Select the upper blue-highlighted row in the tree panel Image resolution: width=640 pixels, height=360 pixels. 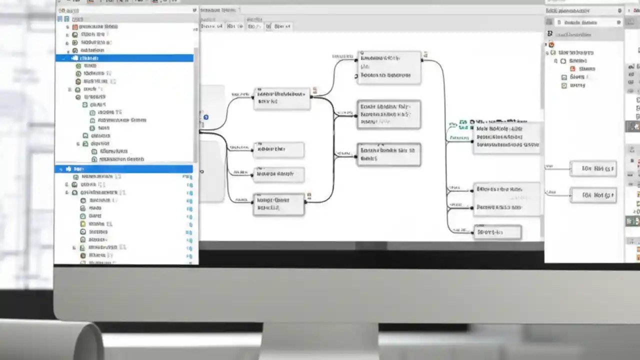tap(125, 58)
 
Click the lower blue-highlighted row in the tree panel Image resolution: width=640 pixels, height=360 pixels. tap(125, 169)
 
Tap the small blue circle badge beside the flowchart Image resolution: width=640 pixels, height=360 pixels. tap(206, 117)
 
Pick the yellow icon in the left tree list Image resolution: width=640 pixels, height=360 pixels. tap(83, 224)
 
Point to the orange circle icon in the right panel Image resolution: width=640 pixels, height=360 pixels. tap(551, 44)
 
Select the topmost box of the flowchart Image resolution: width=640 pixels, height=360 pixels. tap(389, 67)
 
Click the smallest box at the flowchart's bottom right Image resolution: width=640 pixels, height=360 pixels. tap(497, 232)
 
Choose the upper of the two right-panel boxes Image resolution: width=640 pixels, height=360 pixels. tap(593, 169)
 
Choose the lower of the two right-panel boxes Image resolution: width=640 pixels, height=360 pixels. tap(593, 195)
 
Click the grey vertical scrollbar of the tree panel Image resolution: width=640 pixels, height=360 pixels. tap(196, 100)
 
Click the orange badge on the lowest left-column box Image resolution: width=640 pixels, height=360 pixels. tap(309, 194)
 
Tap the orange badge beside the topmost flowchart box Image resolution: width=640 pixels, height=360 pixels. tap(425, 54)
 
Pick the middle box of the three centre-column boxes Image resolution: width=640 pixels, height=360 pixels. tap(389, 114)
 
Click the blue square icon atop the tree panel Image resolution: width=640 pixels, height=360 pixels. tap(60, 19)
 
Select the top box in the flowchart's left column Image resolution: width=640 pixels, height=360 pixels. tap(282, 98)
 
